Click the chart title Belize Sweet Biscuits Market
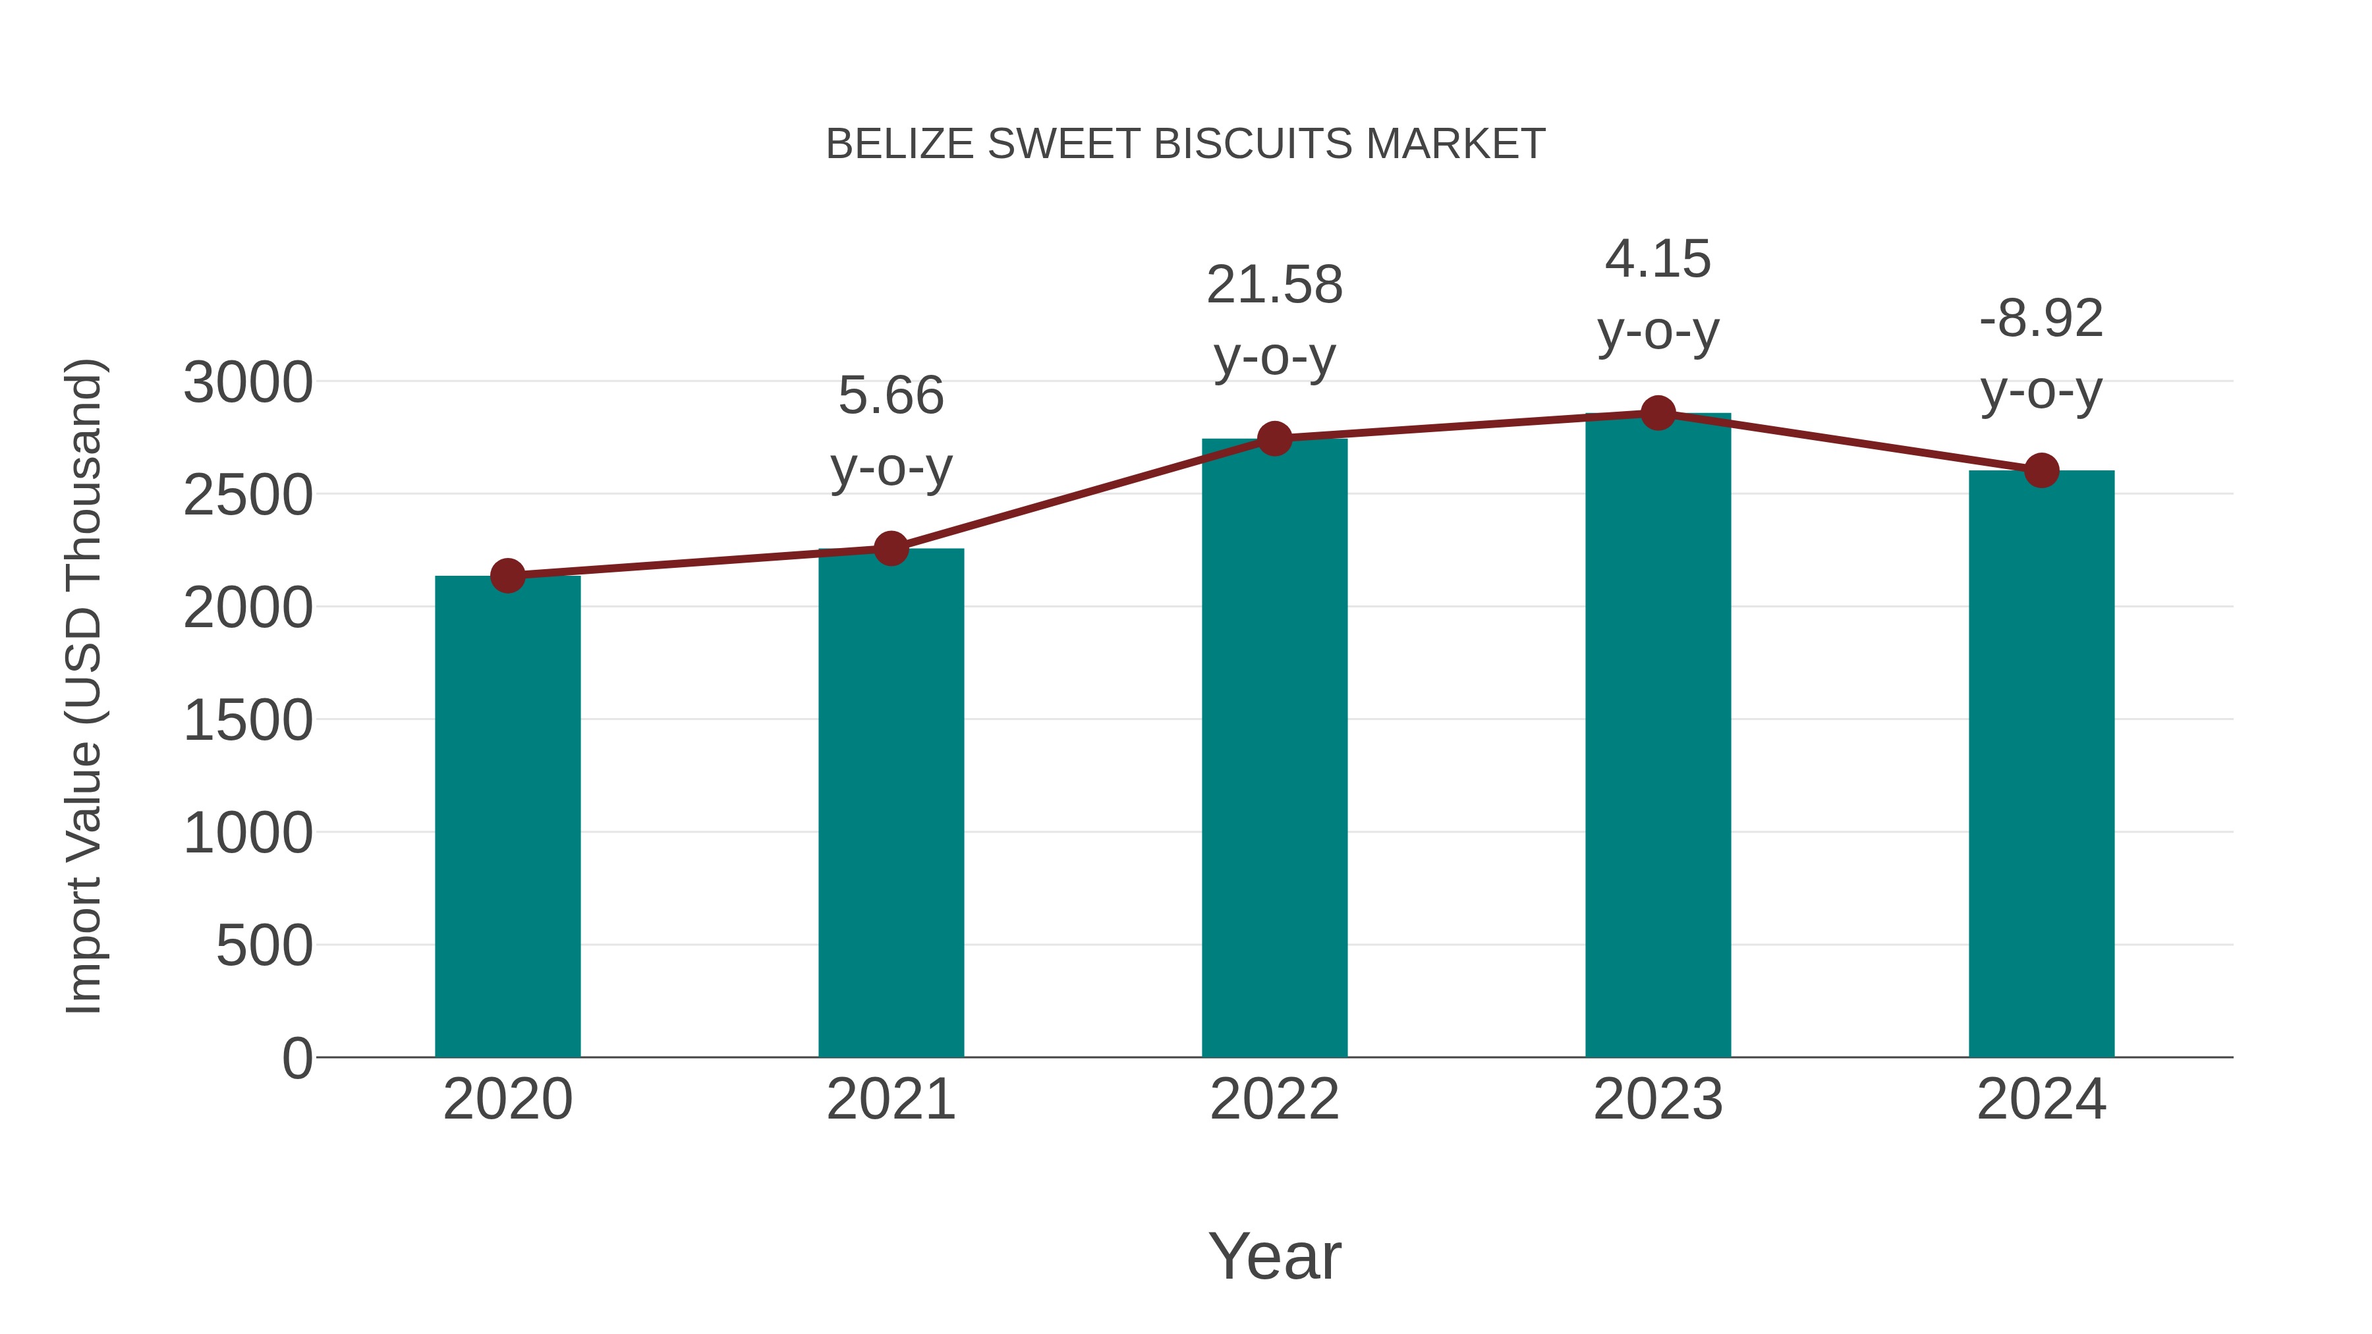point(1185,144)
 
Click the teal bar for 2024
point(2041,764)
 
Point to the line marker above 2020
point(507,576)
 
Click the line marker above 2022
point(1274,439)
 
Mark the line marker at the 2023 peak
point(1658,413)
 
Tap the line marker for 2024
point(2041,470)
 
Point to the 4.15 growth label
point(1658,260)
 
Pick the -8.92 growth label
point(2041,320)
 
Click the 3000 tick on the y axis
point(248,383)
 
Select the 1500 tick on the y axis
point(248,720)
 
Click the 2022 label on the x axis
point(1274,1099)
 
